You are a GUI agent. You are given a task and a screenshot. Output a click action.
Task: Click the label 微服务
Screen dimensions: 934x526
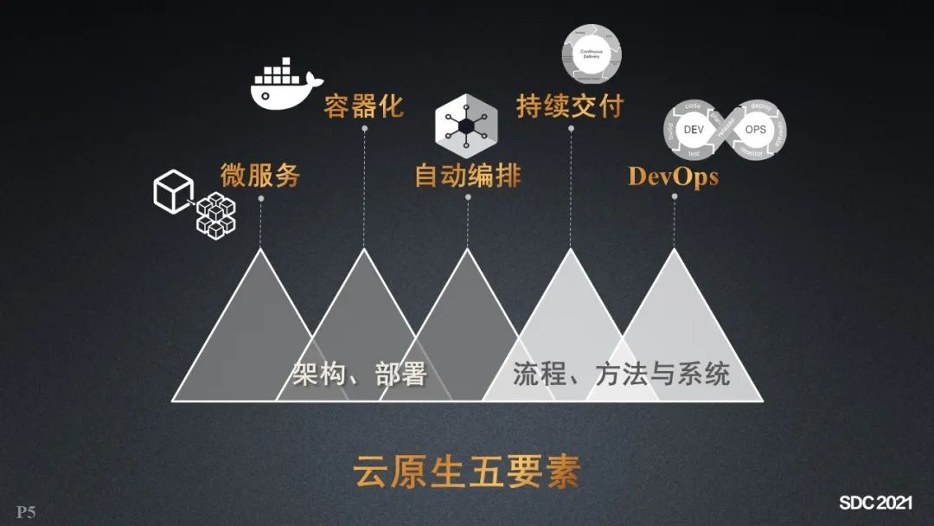[259, 176]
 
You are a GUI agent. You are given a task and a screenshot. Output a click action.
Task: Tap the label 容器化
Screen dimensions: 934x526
[363, 106]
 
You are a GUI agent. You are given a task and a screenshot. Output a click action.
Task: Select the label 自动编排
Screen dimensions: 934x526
[468, 176]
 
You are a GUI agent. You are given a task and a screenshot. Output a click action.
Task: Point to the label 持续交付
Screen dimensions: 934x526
[570, 106]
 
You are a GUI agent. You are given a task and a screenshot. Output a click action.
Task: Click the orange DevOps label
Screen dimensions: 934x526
[673, 176]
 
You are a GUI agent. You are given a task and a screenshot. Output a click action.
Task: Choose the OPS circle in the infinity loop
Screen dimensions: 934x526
[755, 129]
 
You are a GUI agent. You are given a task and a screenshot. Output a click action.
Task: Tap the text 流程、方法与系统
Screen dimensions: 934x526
[621, 374]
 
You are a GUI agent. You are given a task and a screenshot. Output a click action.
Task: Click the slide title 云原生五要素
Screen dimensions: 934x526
[466, 472]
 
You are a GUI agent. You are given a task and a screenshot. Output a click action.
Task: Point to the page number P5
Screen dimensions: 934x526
[26, 512]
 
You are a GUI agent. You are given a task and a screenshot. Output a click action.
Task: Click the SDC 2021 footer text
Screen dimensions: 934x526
[875, 503]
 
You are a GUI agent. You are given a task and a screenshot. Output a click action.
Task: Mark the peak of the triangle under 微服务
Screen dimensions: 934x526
[260, 250]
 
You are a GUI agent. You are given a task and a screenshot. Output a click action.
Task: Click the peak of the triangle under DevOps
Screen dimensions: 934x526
[675, 250]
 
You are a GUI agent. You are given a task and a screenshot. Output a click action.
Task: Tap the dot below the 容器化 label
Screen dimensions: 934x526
[364, 129]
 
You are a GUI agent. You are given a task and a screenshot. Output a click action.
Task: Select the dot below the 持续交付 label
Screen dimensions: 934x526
[571, 129]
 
